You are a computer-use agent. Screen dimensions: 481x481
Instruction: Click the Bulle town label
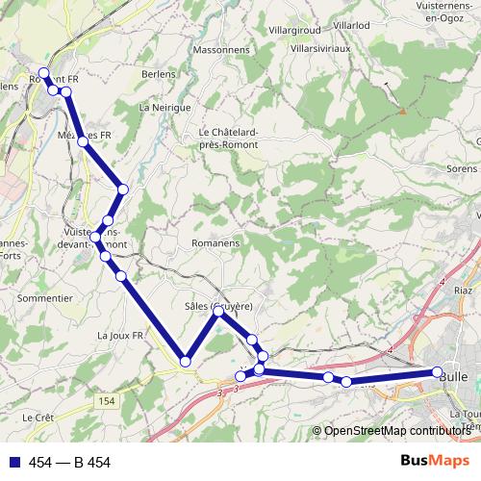click(x=452, y=377)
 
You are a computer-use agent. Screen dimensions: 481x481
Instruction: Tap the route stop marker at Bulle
click(x=438, y=372)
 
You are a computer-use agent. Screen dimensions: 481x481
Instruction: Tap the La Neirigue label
click(x=165, y=108)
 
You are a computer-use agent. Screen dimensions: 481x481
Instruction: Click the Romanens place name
click(x=215, y=243)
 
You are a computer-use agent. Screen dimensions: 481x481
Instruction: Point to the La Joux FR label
click(x=120, y=335)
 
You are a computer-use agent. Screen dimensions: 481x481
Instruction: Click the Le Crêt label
click(x=38, y=418)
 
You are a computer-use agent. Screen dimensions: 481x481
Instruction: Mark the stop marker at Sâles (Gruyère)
click(x=219, y=311)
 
